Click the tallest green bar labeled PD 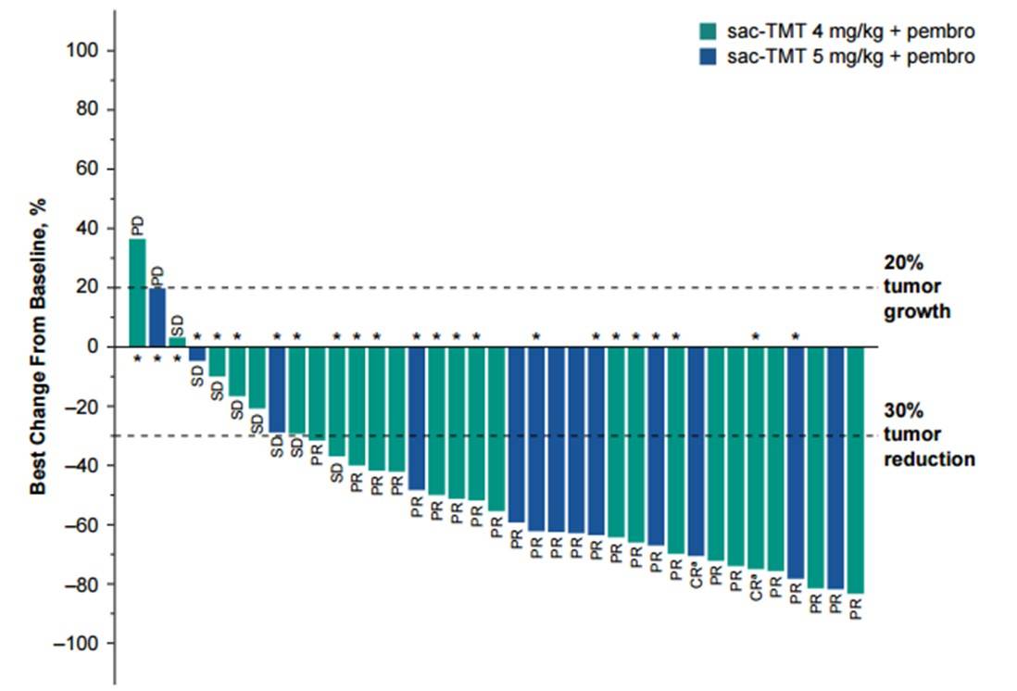tap(137, 293)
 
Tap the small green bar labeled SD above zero tap(177, 343)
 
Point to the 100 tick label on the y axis tap(82, 50)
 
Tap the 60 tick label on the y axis tap(86, 169)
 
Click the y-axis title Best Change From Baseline tap(40, 346)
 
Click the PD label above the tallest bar tap(137, 226)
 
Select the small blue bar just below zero tap(197, 354)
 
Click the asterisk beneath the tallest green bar tap(137, 358)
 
